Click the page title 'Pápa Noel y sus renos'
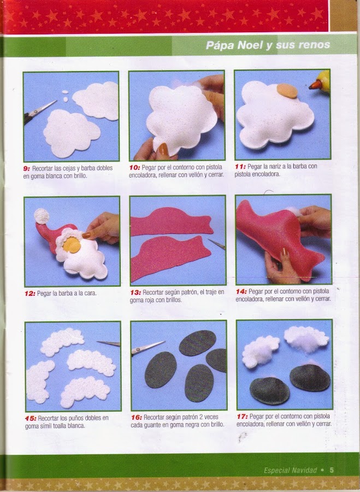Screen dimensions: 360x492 click(x=268, y=45)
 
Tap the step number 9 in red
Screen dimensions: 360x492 click(x=26, y=168)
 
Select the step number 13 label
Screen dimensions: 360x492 click(x=135, y=292)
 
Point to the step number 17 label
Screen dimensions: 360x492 click(x=242, y=417)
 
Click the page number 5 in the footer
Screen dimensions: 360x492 click(x=332, y=470)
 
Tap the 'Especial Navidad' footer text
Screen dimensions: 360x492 click(x=291, y=470)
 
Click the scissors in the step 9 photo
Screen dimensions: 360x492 click(x=40, y=112)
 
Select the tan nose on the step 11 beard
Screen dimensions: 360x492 click(x=287, y=91)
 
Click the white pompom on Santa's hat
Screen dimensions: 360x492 click(x=42, y=216)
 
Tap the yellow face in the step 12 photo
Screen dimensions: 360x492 click(x=72, y=245)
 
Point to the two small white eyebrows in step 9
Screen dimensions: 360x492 click(x=65, y=96)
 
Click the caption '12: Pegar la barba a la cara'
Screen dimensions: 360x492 click(x=61, y=294)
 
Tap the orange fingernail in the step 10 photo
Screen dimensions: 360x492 click(x=163, y=149)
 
